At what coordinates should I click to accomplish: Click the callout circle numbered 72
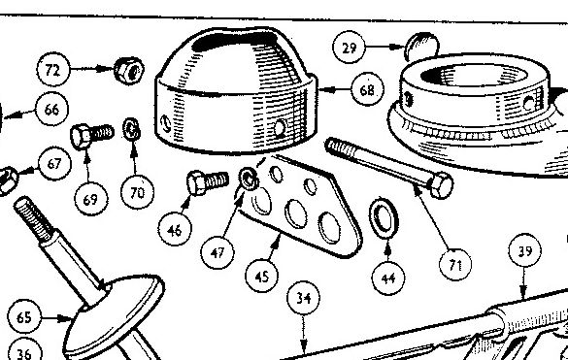[53, 70]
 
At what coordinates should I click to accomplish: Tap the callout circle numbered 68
[367, 89]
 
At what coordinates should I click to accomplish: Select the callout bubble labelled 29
[349, 48]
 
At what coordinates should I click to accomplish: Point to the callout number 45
[262, 276]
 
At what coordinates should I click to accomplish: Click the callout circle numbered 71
[455, 264]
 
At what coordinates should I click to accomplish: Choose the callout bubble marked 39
[525, 250]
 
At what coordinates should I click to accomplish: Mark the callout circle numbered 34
[304, 298]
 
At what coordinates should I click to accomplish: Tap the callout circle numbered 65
[24, 316]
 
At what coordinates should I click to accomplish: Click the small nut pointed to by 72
[129, 70]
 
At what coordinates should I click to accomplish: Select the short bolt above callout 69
[92, 136]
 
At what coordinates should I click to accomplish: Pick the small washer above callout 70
[131, 129]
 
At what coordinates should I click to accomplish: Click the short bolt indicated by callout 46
[208, 182]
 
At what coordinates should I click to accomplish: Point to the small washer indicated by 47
[249, 179]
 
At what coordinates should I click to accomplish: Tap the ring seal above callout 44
[384, 218]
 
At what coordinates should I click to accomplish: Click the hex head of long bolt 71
[440, 185]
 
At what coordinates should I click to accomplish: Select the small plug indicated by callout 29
[421, 46]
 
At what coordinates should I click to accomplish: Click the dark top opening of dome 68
[235, 40]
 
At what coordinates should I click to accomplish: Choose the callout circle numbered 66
[51, 109]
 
